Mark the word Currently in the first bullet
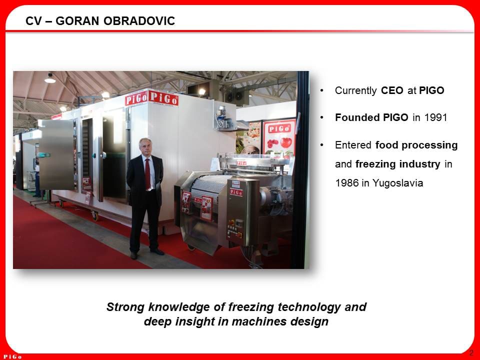356,91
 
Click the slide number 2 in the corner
471,353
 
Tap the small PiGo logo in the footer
12,356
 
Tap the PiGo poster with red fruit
279,137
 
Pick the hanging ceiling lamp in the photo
50,78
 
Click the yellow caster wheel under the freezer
94,215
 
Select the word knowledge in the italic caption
188,306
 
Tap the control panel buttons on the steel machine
234,230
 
